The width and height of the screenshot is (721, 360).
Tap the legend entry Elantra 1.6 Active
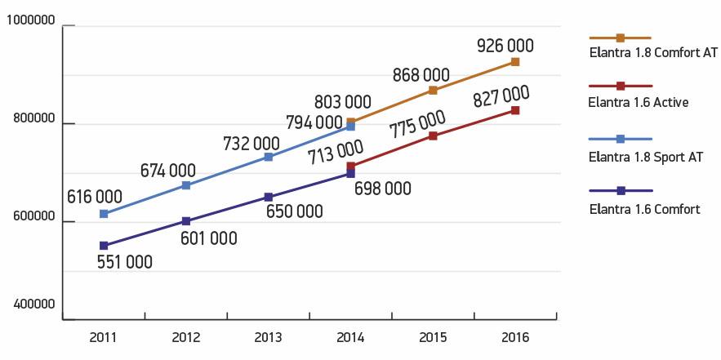(x=638, y=102)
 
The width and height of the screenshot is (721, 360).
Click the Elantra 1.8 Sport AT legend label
(x=645, y=156)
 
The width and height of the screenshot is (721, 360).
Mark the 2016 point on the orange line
(x=515, y=62)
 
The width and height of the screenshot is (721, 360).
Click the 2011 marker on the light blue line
(x=104, y=214)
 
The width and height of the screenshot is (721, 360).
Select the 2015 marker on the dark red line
(x=433, y=136)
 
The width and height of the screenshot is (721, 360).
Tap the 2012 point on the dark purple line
(x=186, y=221)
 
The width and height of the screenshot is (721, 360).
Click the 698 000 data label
(x=382, y=189)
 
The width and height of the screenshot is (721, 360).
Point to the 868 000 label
(x=421, y=73)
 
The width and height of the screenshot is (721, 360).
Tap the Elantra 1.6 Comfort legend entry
(x=644, y=209)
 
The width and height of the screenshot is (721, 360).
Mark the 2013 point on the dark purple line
(x=268, y=198)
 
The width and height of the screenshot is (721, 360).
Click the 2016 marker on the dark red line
(x=515, y=110)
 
